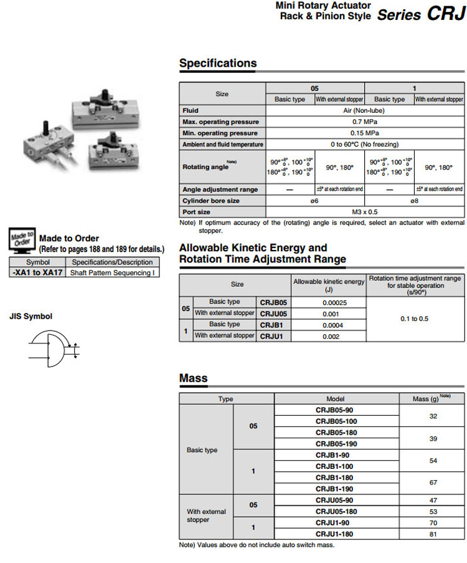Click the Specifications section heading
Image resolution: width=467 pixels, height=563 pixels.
218,63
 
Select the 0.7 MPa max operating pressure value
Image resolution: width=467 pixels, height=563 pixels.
364,122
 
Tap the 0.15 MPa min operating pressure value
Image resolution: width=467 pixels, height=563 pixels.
364,133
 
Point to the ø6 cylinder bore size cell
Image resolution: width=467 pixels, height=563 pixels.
315,201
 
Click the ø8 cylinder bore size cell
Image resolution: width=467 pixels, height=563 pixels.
414,201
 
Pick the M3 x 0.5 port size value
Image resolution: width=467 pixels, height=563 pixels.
364,212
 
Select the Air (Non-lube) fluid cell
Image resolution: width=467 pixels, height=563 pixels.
364,110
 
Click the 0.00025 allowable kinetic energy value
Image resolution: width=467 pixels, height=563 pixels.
329,302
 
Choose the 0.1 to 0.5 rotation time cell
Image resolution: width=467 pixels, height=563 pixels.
415,319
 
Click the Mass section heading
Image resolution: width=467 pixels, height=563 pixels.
194,378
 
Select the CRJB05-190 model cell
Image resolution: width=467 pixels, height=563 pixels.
336,443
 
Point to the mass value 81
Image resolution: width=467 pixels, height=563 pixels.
433,534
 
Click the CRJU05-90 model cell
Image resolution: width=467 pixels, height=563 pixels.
336,500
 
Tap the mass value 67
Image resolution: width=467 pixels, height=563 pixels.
433,483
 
